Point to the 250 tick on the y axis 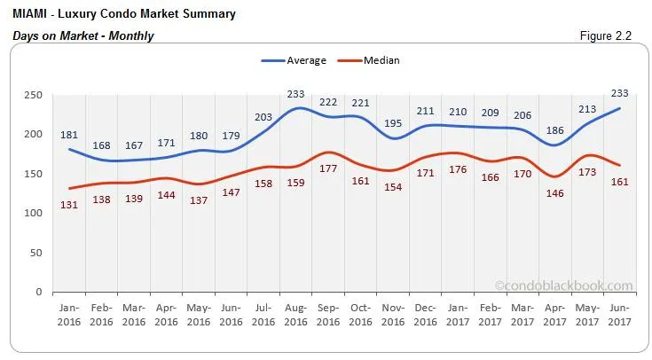(x=33, y=94)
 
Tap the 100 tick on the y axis (x=33, y=213)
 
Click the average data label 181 (x=69, y=135)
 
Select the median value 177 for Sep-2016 (x=327, y=168)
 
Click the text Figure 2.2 (x=612, y=36)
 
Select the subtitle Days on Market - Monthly (x=84, y=36)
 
